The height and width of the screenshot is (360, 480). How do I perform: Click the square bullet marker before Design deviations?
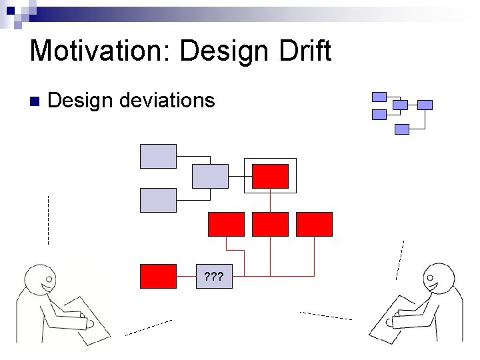tap(35, 101)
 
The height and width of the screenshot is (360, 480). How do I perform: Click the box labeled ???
tap(213, 276)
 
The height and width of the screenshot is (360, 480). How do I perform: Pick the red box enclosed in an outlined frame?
tap(270, 176)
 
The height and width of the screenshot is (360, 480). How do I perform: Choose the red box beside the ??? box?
tap(158, 276)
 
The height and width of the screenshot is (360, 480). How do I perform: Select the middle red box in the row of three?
tap(270, 224)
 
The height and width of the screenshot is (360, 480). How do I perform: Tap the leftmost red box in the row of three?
tap(226, 224)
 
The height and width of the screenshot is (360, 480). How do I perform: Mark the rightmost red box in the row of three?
tap(314, 224)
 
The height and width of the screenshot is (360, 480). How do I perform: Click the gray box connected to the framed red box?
tap(210, 176)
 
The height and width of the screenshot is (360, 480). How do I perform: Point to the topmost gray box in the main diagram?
tap(158, 156)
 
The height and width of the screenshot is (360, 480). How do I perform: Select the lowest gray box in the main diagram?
tap(158, 200)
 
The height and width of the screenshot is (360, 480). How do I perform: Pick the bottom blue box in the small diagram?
tap(401, 129)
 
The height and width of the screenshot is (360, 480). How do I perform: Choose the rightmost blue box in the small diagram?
tap(425, 105)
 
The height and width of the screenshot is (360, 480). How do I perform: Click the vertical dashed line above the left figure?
tap(48, 220)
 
